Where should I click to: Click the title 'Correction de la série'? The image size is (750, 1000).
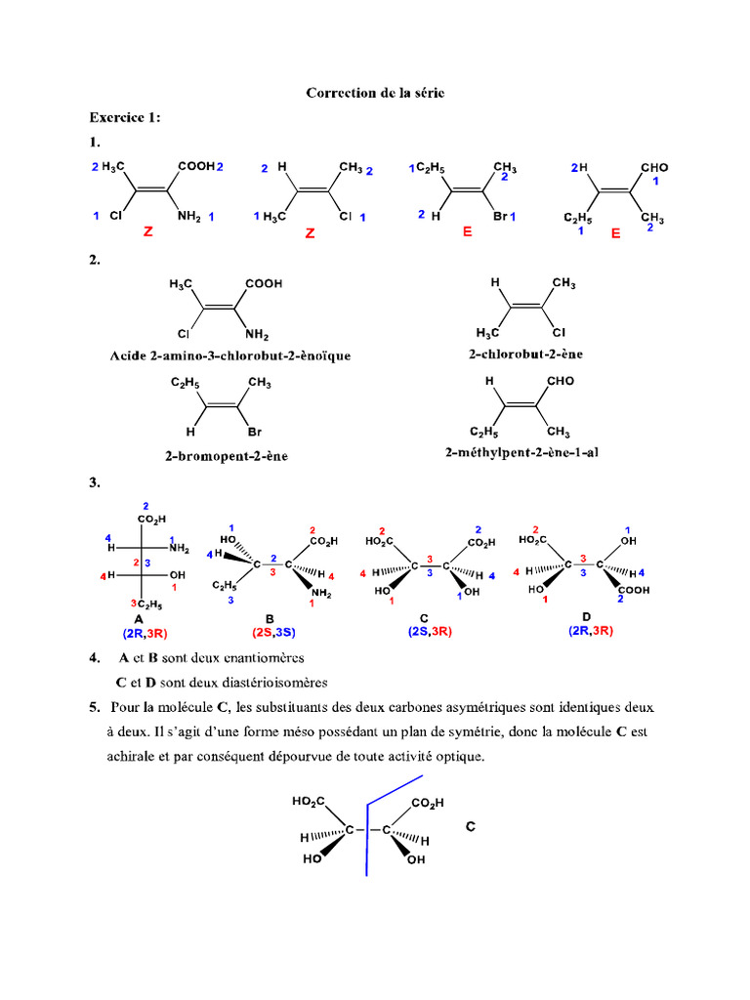point(375,93)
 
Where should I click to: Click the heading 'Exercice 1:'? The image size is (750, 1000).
point(125,117)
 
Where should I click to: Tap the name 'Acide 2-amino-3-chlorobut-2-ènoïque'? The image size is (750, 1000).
point(230,355)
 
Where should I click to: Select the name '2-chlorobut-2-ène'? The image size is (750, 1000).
point(525,354)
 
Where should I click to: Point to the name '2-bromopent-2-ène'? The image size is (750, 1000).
point(227,456)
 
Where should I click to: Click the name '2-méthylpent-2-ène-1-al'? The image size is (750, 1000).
point(521,453)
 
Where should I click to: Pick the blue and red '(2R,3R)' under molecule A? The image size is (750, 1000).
point(145,633)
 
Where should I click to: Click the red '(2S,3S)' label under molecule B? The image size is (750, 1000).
point(273,632)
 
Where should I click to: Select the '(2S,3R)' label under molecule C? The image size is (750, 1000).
point(430,632)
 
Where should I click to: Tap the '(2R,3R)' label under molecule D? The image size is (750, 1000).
point(591,631)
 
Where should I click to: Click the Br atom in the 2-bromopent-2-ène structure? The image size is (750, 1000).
point(255,432)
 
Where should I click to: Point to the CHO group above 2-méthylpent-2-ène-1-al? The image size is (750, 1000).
point(561,381)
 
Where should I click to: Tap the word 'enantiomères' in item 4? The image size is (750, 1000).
point(264,658)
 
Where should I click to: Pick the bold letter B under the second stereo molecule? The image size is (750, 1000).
point(270,618)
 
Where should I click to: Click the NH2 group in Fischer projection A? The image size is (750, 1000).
point(180,549)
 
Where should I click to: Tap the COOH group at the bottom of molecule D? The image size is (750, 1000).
point(634,591)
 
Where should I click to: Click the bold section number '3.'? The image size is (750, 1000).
point(95,482)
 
